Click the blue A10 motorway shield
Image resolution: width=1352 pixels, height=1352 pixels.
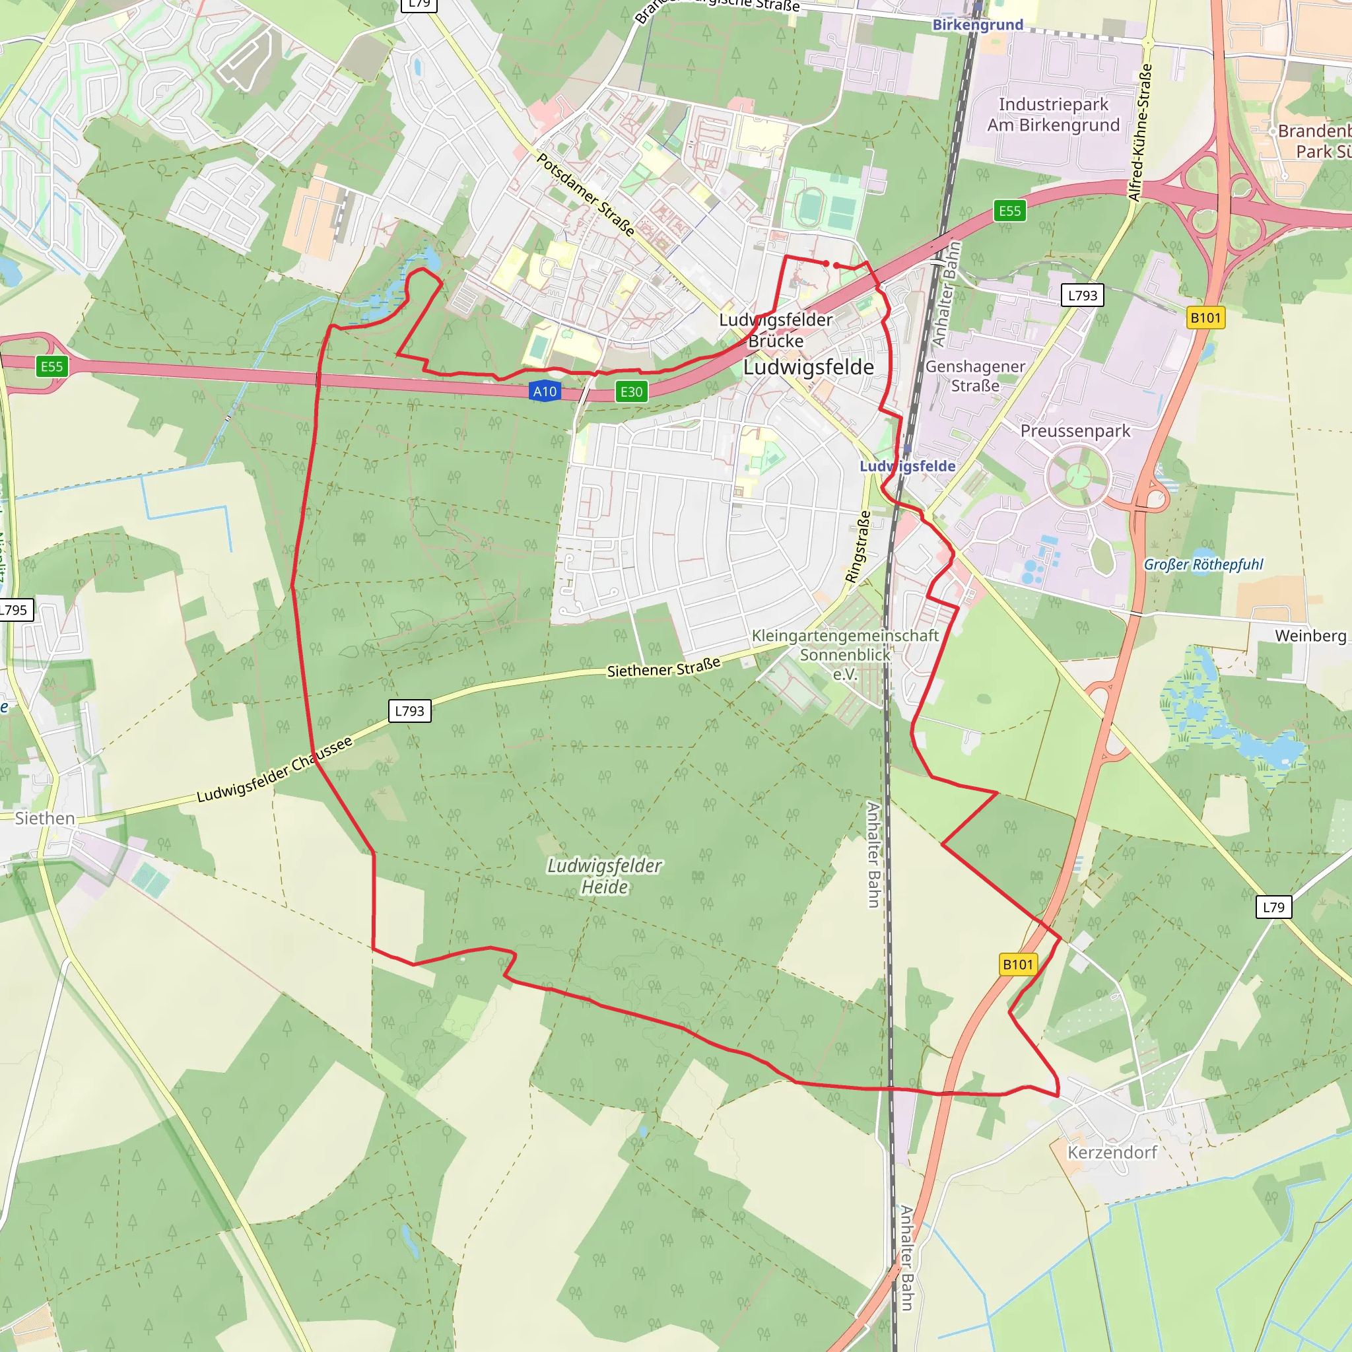coord(545,391)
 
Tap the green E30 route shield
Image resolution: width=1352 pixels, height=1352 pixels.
coord(631,392)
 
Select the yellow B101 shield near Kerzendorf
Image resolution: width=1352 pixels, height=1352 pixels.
coord(1017,964)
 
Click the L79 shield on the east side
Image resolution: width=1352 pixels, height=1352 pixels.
coord(1273,907)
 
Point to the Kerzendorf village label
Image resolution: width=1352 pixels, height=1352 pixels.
coord(1111,1153)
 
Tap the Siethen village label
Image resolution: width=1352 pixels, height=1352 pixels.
coord(45,818)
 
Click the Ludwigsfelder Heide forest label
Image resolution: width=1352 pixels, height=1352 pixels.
coord(605,876)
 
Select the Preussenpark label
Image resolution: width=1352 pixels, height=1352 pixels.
coord(1075,431)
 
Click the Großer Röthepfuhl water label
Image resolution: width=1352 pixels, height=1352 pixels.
coord(1203,564)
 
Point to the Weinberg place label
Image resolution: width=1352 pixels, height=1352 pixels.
coord(1310,636)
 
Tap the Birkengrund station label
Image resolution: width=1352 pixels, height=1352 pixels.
coord(978,25)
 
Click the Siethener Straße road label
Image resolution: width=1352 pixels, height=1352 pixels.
coord(663,668)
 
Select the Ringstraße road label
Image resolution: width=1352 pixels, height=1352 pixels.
coord(859,547)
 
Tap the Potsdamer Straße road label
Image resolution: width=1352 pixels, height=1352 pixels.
coord(586,195)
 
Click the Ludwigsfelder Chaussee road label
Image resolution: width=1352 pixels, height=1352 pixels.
coord(275,770)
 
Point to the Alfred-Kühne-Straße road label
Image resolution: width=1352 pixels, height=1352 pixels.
coord(1140,133)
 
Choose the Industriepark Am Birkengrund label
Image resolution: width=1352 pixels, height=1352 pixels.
coord(1053,115)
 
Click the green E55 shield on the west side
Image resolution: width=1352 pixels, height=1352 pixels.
coord(51,366)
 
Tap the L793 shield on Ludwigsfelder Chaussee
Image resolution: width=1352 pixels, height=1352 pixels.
coord(409,711)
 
